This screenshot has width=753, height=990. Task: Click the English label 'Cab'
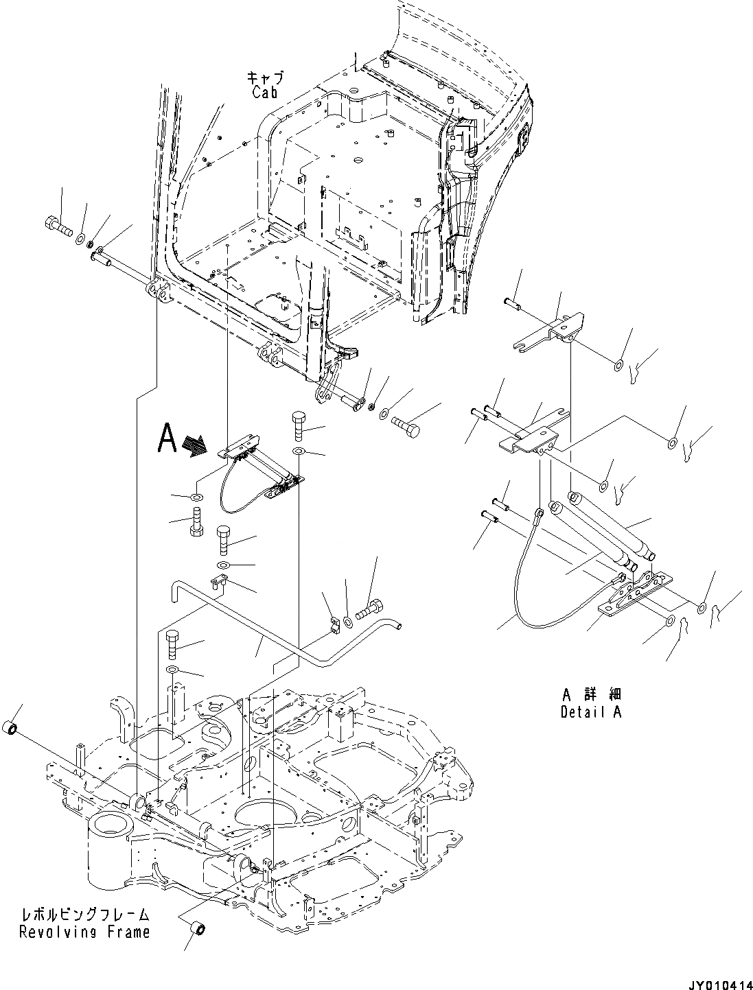point(264,92)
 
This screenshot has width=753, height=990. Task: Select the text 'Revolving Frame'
point(84,932)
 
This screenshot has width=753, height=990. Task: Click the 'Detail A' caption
point(590,711)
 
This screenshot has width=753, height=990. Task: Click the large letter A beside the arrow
point(169,439)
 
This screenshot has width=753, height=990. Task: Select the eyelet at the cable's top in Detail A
point(540,511)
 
